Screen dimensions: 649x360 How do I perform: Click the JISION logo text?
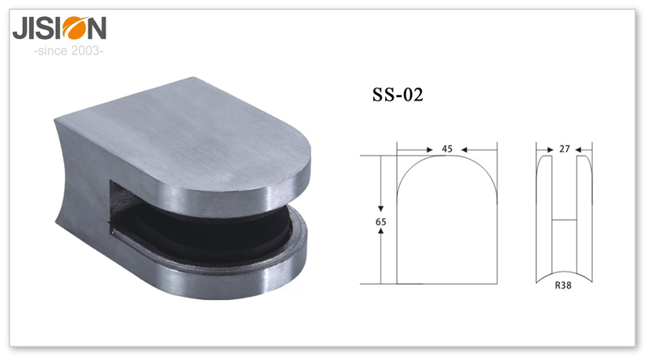pos(59,28)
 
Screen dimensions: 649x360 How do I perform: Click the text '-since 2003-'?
pos(69,51)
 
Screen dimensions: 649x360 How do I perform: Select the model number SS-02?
pos(398,95)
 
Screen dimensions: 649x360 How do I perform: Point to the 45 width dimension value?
pos(447,149)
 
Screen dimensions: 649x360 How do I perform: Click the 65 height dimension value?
pos(380,222)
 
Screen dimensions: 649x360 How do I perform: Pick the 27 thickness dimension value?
pos(565,149)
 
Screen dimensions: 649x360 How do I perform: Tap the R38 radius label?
pos(563,285)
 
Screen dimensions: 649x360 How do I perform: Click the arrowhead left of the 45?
pos(429,150)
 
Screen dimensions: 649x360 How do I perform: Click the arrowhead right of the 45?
pos(464,150)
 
